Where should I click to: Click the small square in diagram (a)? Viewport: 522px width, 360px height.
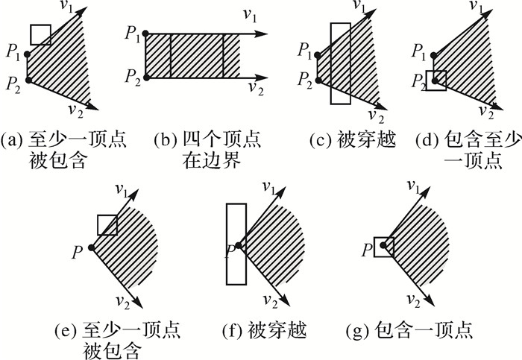pos(40,34)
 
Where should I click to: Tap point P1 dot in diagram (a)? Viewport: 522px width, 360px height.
pos(28,54)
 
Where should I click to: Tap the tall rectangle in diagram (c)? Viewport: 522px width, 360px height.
pos(339,63)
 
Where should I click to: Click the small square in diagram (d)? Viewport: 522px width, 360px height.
pos(435,80)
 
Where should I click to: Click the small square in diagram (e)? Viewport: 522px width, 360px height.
pos(107,225)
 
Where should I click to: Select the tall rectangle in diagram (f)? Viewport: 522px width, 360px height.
pos(236,244)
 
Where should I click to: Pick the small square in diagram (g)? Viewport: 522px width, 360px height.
pos(384,247)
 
